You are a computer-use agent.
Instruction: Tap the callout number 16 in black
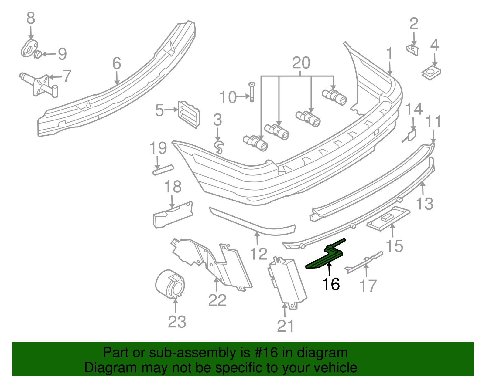tap(331, 284)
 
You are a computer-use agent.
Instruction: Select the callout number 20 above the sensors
tap(301, 63)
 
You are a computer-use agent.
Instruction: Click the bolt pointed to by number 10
tap(252, 92)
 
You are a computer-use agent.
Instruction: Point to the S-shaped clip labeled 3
tap(219, 147)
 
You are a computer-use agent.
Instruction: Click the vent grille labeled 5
tap(189, 115)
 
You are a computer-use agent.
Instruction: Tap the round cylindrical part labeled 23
tap(170, 284)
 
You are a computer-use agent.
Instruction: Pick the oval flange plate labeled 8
tap(29, 48)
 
